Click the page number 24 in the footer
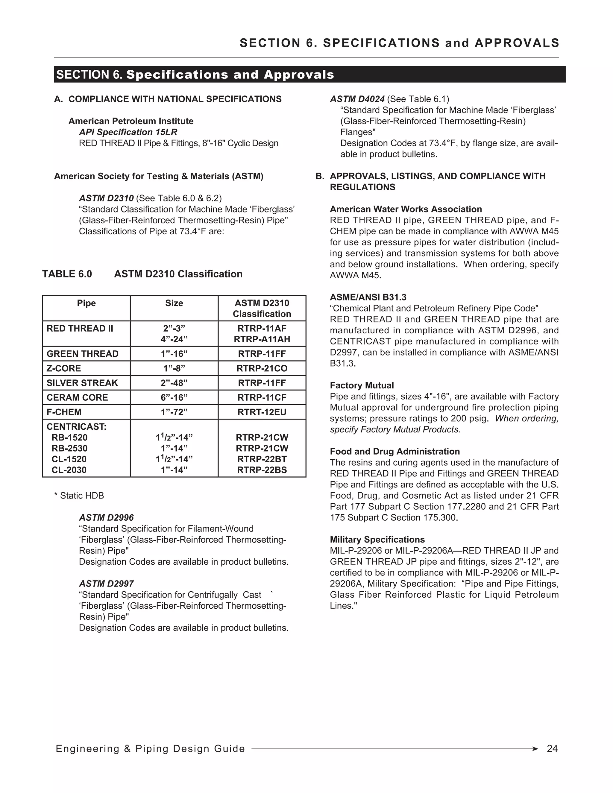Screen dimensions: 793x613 point(552,749)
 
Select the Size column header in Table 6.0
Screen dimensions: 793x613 point(174,303)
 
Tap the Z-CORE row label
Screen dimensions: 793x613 point(64,368)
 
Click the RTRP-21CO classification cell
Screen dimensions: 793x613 point(262,368)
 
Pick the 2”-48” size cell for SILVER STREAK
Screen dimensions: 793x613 point(174,383)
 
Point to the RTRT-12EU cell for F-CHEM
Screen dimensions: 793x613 point(262,412)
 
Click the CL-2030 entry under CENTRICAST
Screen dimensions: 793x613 point(69,470)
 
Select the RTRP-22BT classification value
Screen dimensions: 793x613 point(262,459)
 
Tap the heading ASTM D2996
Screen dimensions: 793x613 point(106,517)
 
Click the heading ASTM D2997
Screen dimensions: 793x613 point(106,584)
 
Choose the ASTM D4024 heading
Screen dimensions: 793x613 point(357,99)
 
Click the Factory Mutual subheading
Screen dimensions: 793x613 point(362,385)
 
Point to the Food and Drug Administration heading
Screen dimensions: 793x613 point(395,451)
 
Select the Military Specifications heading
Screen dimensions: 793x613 point(377,540)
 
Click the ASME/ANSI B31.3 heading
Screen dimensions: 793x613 point(368,297)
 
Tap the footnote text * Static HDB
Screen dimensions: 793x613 point(79,496)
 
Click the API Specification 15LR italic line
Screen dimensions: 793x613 point(128,132)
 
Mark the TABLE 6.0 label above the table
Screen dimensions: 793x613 point(67,274)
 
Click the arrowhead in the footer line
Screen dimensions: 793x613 point(535,749)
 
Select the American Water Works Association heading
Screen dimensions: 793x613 point(406,209)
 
